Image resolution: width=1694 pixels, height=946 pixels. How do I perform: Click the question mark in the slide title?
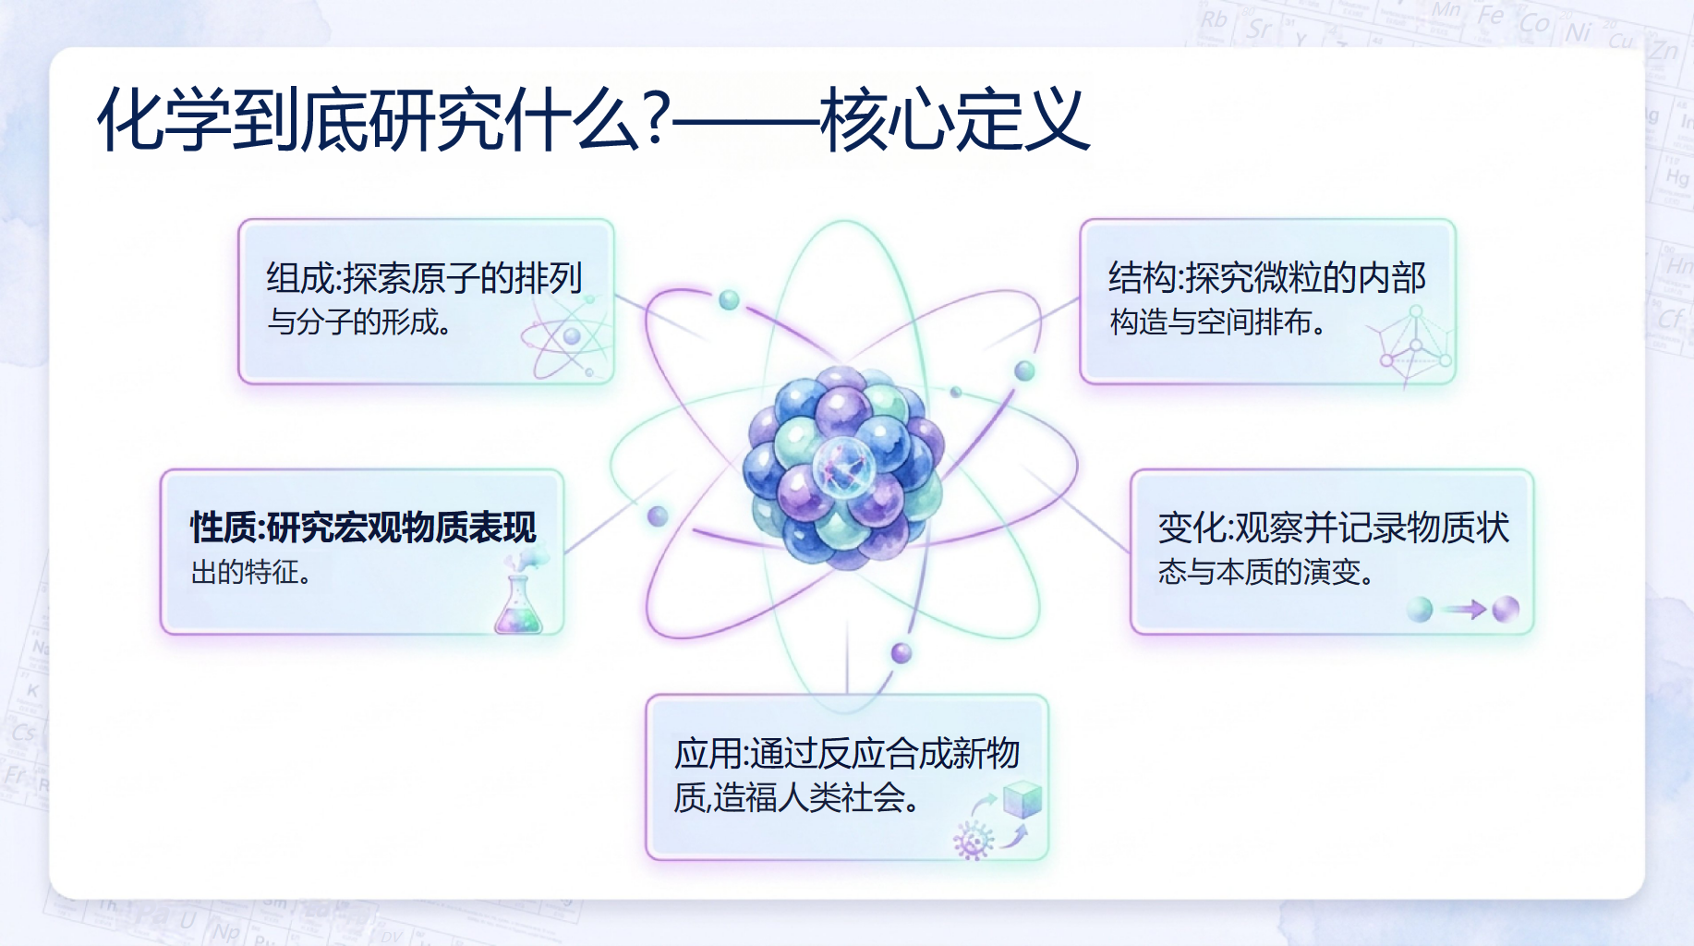[657, 118]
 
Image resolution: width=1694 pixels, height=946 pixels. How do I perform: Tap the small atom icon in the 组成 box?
[567, 338]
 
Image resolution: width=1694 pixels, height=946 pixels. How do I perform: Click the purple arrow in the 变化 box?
[1464, 610]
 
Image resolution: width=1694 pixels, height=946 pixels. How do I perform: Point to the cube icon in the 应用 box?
[1022, 799]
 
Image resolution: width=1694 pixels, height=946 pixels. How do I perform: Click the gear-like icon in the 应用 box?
[972, 841]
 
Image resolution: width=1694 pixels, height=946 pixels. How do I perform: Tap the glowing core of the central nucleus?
[842, 466]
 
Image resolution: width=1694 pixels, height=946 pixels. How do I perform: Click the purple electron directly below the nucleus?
[901, 654]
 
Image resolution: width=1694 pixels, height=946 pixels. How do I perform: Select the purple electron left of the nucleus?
[658, 516]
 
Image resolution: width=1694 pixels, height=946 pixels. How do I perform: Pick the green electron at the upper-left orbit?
[729, 299]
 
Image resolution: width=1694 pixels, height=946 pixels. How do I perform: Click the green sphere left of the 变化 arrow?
[1420, 610]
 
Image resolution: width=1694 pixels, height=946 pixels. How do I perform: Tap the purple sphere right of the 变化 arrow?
[1506, 610]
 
